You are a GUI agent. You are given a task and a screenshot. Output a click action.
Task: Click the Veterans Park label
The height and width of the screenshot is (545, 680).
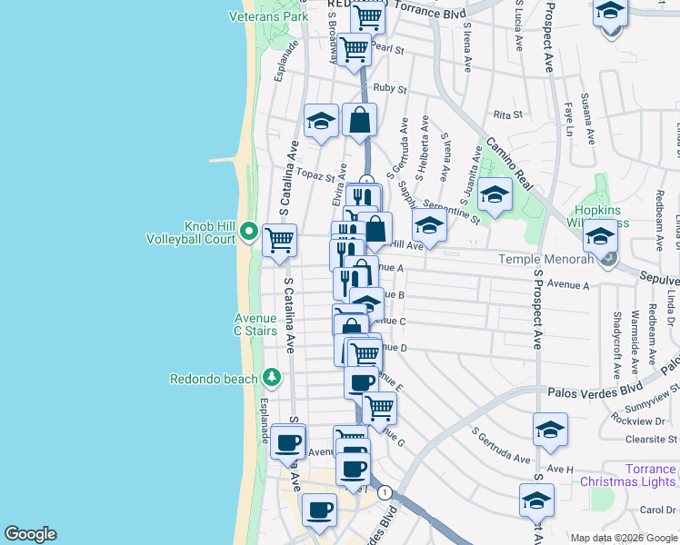[x=268, y=16]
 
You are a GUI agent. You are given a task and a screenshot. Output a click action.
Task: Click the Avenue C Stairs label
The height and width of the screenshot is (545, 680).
[x=255, y=325]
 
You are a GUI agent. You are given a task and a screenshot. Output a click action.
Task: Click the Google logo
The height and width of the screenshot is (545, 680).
[x=30, y=534]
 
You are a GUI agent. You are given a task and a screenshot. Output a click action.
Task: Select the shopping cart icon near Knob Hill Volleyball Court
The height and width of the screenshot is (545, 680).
[x=279, y=241]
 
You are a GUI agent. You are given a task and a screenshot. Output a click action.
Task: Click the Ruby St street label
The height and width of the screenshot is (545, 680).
[x=388, y=88]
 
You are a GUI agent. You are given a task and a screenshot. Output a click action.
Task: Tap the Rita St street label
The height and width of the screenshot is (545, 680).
[x=508, y=115]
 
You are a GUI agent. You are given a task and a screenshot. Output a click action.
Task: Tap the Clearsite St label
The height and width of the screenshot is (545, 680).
[x=651, y=438]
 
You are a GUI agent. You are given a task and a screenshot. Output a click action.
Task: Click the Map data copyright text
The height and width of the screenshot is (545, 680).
[x=623, y=537]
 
